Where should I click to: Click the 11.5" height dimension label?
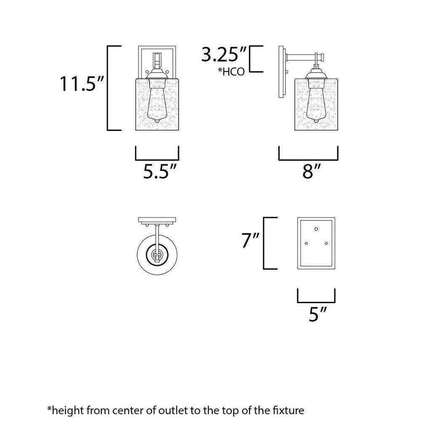coord(81,84)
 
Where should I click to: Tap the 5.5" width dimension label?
coord(160,171)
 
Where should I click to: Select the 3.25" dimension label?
coord(224,54)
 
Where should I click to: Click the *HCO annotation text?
coord(231,72)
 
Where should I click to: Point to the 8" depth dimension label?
coord(312,171)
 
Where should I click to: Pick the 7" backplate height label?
coord(250,240)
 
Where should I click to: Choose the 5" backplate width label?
coord(317,314)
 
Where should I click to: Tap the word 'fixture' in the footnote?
coord(289,410)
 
